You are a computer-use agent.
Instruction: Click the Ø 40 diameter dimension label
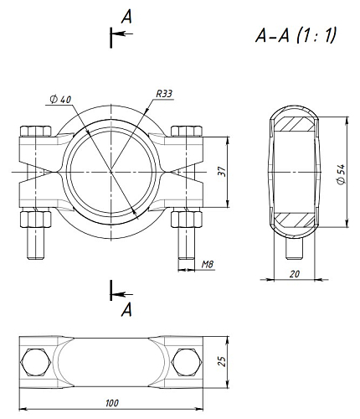60,100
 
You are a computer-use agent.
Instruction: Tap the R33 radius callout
164,94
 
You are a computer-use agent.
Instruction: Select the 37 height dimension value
222,172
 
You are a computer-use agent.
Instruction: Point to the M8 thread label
208,264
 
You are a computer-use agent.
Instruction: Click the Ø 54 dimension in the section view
342,174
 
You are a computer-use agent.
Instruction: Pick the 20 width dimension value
294,274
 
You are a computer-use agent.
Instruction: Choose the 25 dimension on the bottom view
222,361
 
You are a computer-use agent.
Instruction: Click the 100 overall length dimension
112,403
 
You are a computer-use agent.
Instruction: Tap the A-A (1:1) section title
296,36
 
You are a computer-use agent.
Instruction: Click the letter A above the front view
126,18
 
